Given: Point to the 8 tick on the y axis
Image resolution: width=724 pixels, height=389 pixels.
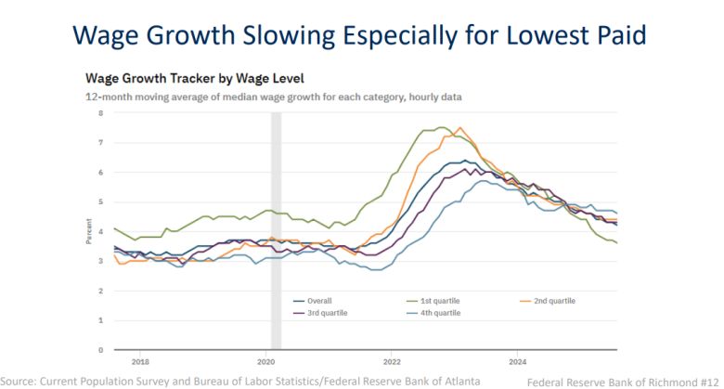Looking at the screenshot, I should pyautogui.click(x=100, y=112).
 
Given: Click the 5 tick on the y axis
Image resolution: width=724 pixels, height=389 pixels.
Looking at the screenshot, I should pyautogui.click(x=100, y=201).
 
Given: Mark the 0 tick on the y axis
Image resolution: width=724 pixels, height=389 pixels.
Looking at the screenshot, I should pyautogui.click(x=100, y=350).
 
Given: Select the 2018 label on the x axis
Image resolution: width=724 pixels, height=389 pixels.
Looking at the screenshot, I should pyautogui.click(x=140, y=361).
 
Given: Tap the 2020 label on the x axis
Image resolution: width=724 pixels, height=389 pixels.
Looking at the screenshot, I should pyautogui.click(x=266, y=361).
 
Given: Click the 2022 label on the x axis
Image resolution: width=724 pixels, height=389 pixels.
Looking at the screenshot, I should pyautogui.click(x=392, y=361).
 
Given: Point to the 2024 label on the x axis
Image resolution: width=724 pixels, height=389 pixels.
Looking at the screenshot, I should pyautogui.click(x=517, y=361).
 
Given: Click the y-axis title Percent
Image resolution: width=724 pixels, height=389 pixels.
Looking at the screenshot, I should pyautogui.click(x=88, y=231).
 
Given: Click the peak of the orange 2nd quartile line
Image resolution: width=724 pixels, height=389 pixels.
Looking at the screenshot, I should pyautogui.click(x=459, y=128).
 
